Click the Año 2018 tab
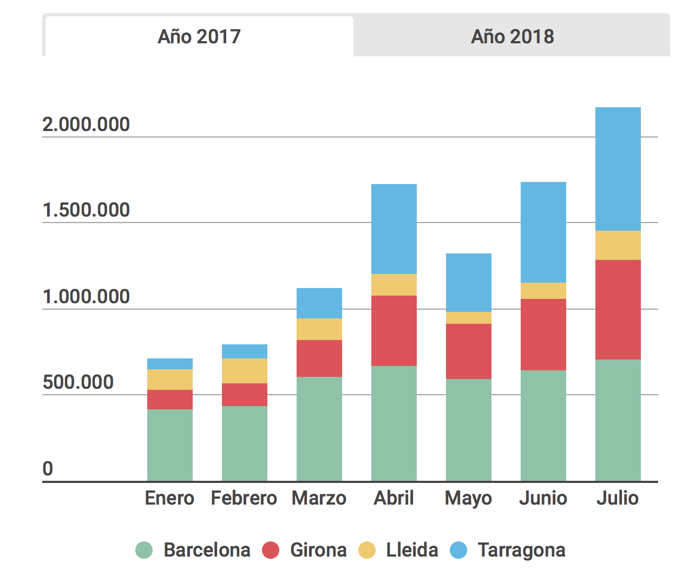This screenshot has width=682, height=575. click(512, 37)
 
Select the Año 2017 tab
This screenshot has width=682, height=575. click(199, 37)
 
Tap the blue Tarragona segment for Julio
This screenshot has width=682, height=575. click(618, 169)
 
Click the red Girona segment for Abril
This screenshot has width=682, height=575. click(394, 330)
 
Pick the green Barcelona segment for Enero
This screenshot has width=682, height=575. click(169, 445)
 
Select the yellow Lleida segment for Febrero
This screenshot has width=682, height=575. click(244, 370)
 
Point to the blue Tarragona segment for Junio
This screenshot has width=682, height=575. click(543, 232)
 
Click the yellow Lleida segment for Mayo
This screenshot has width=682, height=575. click(468, 318)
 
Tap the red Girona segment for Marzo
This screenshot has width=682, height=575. click(319, 358)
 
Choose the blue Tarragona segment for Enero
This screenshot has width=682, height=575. click(169, 364)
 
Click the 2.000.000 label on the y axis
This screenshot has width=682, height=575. click(86, 125)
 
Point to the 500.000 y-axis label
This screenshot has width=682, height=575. click(78, 382)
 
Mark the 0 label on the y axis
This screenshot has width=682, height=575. click(48, 468)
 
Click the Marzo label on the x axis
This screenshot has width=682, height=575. click(319, 498)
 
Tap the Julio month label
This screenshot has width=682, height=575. click(618, 498)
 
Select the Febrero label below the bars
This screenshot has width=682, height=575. click(244, 498)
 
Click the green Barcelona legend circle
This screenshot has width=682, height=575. click(144, 550)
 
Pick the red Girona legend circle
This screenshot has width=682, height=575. click(271, 550)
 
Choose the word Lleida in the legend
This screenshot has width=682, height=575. click(412, 550)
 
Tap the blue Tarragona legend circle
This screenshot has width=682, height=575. click(458, 550)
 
